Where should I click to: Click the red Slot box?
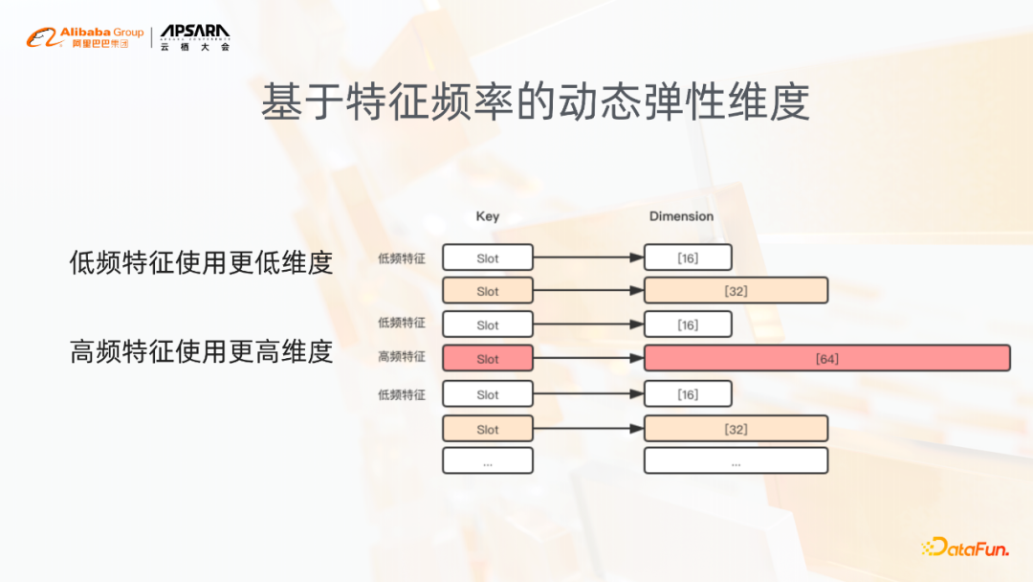point(488,358)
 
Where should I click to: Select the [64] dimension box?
point(827,358)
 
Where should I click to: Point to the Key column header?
point(488,216)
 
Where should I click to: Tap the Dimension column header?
point(681,216)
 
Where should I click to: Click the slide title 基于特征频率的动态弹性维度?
point(536,102)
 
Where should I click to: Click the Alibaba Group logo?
point(85,38)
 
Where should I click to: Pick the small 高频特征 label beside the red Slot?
point(402,357)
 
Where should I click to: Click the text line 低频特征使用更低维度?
point(201,262)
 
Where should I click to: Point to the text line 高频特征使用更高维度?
point(201,351)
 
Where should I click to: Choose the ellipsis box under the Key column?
point(488,460)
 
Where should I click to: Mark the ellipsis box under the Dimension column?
point(736,460)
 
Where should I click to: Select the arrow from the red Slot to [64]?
point(588,358)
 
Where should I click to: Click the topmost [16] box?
point(688,257)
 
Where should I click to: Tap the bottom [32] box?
point(736,429)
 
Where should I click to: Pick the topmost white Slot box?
point(488,257)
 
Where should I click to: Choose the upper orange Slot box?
point(488,291)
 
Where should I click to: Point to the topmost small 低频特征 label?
point(402,258)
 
